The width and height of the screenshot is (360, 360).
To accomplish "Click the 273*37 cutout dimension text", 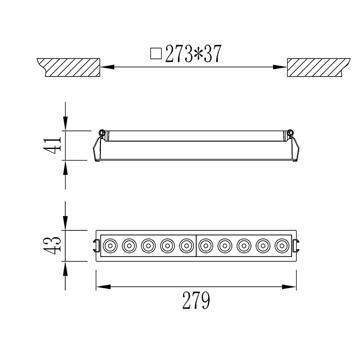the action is [x=193, y=54].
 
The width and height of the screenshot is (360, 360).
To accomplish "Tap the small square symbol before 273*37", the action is [x=156, y=54].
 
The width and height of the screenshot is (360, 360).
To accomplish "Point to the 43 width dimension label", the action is [x=52, y=245].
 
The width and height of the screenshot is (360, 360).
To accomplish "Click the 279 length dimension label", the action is [x=196, y=300].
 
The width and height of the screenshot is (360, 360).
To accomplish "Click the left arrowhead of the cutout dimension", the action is [x=108, y=67].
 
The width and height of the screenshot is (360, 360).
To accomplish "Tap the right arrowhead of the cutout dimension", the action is [x=279, y=67].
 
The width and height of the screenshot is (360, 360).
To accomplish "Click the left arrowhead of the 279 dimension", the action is [x=103, y=287].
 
